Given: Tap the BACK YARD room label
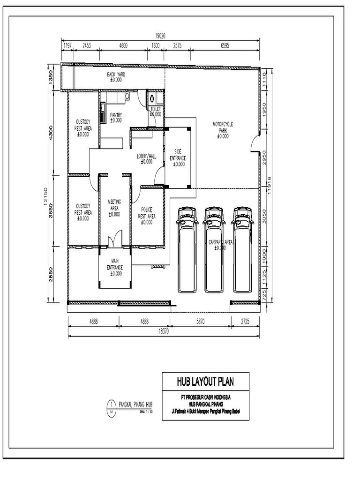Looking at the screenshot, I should (x=115, y=77).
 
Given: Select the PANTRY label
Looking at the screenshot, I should (x=116, y=117).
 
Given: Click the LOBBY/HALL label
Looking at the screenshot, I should (x=146, y=158).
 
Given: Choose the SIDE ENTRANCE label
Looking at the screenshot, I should (x=177, y=157).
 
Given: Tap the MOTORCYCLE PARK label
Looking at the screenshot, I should (x=223, y=130).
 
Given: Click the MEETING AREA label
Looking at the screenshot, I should (x=114, y=208).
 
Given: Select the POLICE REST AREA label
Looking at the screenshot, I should (x=146, y=216).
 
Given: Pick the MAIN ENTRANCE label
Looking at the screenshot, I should (x=114, y=267).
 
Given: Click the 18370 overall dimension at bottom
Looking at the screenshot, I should (x=163, y=331).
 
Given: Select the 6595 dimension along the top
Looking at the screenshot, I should (x=225, y=46).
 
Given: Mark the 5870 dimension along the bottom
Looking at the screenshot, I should (x=200, y=322).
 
